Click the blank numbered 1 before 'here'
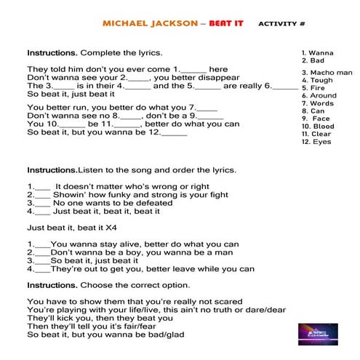(192, 69)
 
